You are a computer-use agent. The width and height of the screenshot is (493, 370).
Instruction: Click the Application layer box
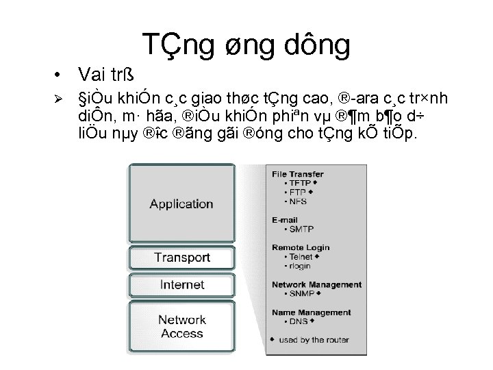coord(181,203)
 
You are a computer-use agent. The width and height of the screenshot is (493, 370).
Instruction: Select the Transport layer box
coord(181,258)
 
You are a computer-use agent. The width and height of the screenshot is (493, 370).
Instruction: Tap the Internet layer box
coord(181,284)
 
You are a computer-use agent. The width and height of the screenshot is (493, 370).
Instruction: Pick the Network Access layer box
coord(181,326)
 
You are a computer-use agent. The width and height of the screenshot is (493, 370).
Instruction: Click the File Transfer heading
coord(299,175)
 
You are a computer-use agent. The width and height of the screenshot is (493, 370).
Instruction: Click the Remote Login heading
coord(301,247)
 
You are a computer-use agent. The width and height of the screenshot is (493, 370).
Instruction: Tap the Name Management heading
coord(309,311)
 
